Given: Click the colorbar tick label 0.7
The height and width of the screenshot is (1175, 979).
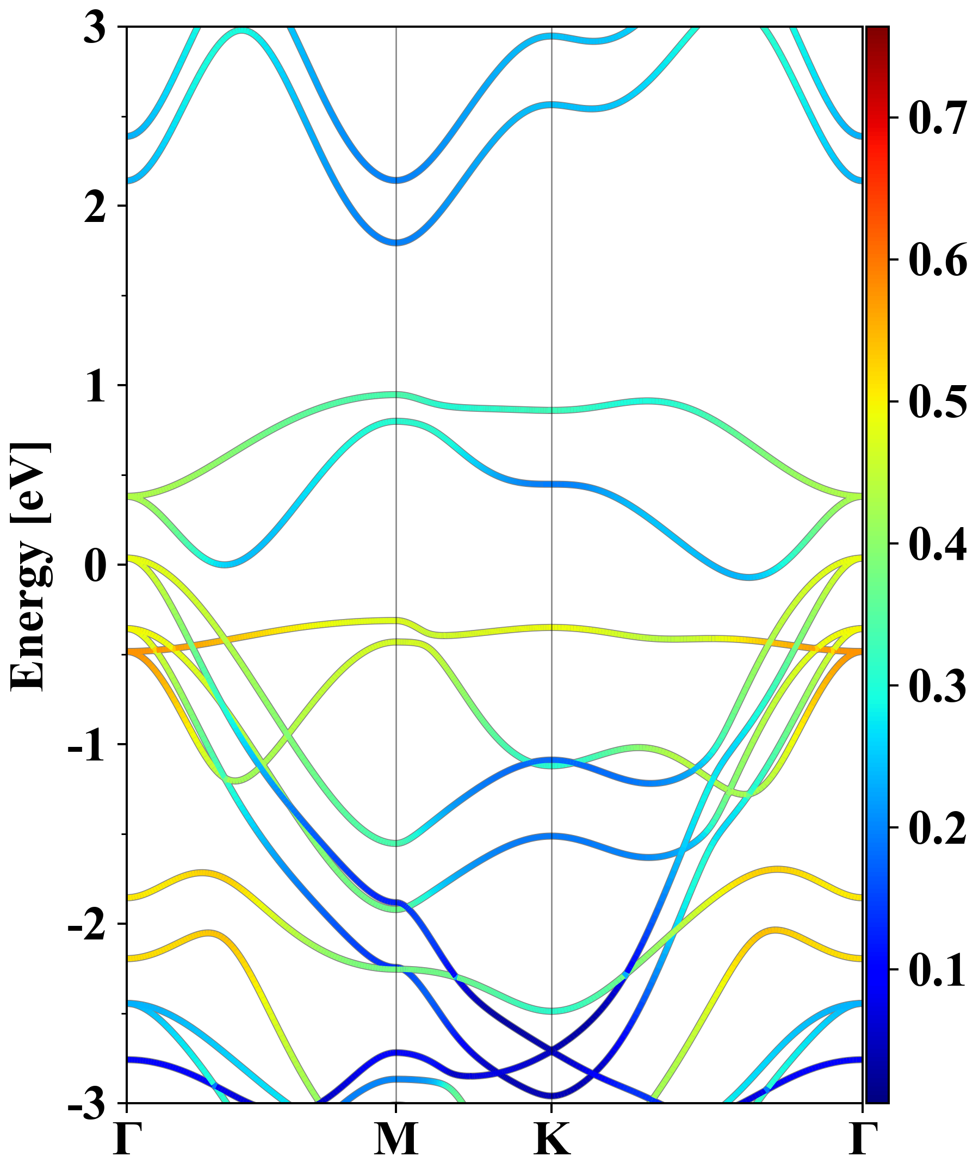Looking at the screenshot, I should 938,118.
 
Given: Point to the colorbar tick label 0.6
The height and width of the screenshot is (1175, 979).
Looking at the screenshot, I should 938,260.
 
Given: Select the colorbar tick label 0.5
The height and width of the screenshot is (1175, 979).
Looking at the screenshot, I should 938,402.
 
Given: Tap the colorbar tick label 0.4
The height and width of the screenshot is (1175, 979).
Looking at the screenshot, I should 938,544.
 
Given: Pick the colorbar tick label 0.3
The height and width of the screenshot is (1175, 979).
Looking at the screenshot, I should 938,685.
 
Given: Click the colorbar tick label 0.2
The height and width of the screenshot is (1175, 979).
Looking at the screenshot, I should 938,827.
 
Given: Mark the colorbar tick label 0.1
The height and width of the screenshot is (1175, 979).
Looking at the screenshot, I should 938,969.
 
